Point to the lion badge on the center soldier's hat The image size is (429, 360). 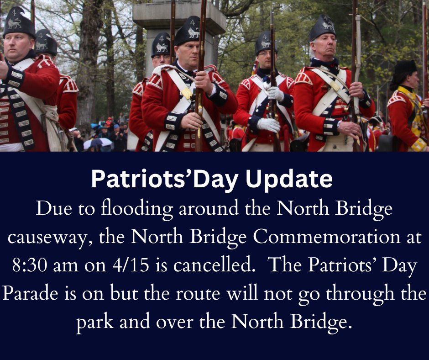[x=193, y=32]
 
